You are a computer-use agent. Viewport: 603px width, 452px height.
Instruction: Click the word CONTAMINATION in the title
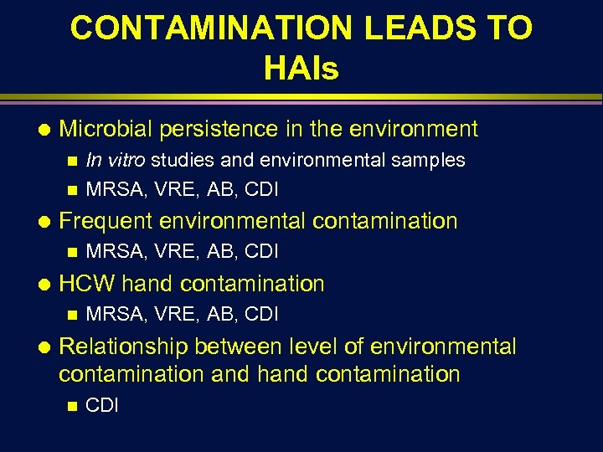coord(212,28)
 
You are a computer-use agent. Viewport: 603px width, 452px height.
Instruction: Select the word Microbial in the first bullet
coord(106,129)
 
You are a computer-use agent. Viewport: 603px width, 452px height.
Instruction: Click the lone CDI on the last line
coord(102,406)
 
